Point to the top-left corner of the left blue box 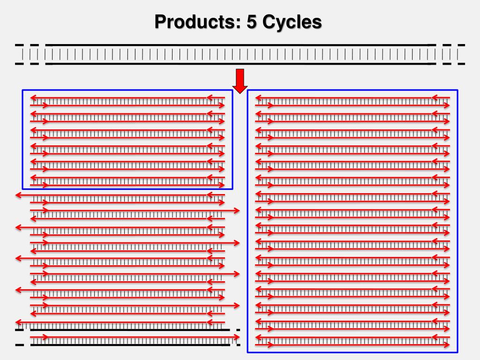point(22,90)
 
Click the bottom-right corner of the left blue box point(232,189)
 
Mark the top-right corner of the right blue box point(457,90)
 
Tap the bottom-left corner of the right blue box point(247,352)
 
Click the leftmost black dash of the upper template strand point(19,45)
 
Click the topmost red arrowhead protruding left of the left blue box point(18,195)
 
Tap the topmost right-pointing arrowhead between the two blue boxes point(237,211)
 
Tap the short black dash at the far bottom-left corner point(19,345)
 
